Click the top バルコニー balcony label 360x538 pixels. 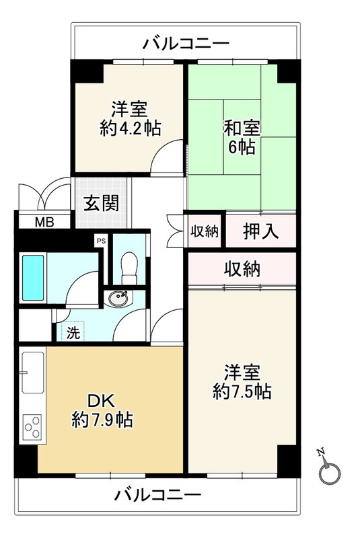186,44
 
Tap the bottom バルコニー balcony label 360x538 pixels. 157,496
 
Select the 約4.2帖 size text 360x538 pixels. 130,128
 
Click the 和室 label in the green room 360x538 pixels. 242,127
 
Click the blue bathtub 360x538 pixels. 33,277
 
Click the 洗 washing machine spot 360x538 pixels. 71,332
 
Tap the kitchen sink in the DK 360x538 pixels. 32,373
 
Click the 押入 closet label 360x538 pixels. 260,231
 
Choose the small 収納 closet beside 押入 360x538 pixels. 204,231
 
